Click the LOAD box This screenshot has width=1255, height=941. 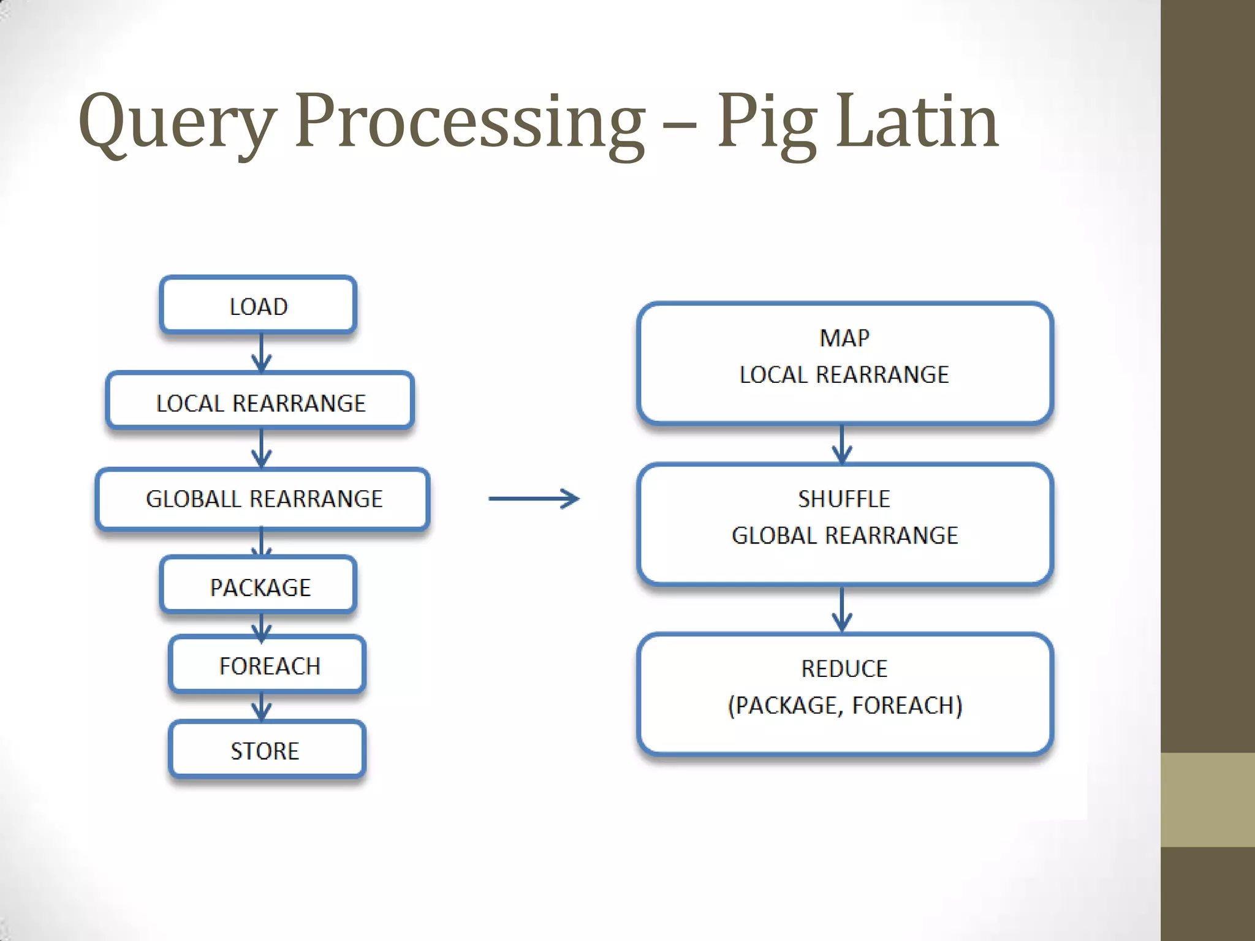pos(258,306)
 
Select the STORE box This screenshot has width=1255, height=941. pos(267,750)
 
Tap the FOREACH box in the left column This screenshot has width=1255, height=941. pos(268,665)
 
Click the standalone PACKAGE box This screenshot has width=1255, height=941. pos(259,586)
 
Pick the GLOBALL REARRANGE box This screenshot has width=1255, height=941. pos(263,499)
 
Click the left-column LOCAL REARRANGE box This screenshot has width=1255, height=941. pos(260,402)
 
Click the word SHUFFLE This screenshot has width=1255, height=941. pos(844,499)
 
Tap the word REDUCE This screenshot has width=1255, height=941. pos(844,668)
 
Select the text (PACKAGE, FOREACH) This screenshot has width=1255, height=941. pos(844,705)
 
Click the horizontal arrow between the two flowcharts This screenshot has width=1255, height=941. pos(533,499)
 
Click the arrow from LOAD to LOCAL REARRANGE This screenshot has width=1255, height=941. pos(262,353)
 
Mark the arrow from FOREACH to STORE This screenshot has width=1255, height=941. pos(262,706)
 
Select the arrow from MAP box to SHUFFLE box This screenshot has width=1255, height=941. pos(842,444)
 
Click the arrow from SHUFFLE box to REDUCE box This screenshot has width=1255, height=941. pos(842,610)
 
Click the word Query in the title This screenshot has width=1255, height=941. pos(178,123)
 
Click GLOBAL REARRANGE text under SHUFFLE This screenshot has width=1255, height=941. pos(844,535)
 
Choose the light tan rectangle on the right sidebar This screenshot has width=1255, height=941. pos(1207,799)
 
